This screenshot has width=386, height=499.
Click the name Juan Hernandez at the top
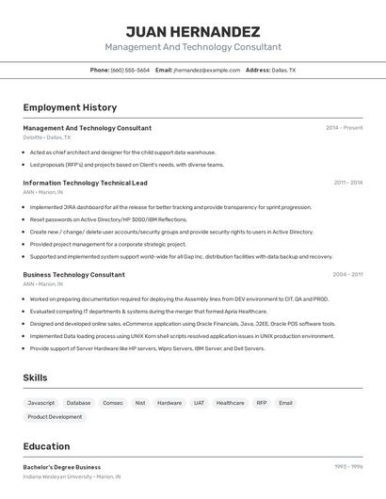(192, 31)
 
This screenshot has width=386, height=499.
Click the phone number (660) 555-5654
(130, 70)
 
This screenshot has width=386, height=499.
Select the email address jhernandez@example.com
(207, 70)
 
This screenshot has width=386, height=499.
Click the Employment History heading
(70, 107)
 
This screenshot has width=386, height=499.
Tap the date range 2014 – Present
(344, 128)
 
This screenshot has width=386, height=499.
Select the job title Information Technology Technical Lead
(85, 183)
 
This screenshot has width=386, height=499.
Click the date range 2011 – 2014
(347, 183)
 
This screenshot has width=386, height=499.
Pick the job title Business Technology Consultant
(73, 275)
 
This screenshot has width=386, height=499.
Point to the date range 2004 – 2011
(347, 275)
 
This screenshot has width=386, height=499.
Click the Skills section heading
(36, 378)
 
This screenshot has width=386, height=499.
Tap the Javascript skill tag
(41, 403)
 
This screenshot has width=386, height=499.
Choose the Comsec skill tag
(113, 403)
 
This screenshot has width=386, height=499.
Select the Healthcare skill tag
(231, 403)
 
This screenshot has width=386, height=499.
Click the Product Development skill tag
(55, 416)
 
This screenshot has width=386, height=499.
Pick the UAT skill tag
(199, 403)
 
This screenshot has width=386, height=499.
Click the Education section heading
(46, 446)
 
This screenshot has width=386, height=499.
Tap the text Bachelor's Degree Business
(62, 467)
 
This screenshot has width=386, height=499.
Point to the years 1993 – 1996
(348, 467)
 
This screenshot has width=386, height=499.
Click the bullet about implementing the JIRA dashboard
(170, 207)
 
